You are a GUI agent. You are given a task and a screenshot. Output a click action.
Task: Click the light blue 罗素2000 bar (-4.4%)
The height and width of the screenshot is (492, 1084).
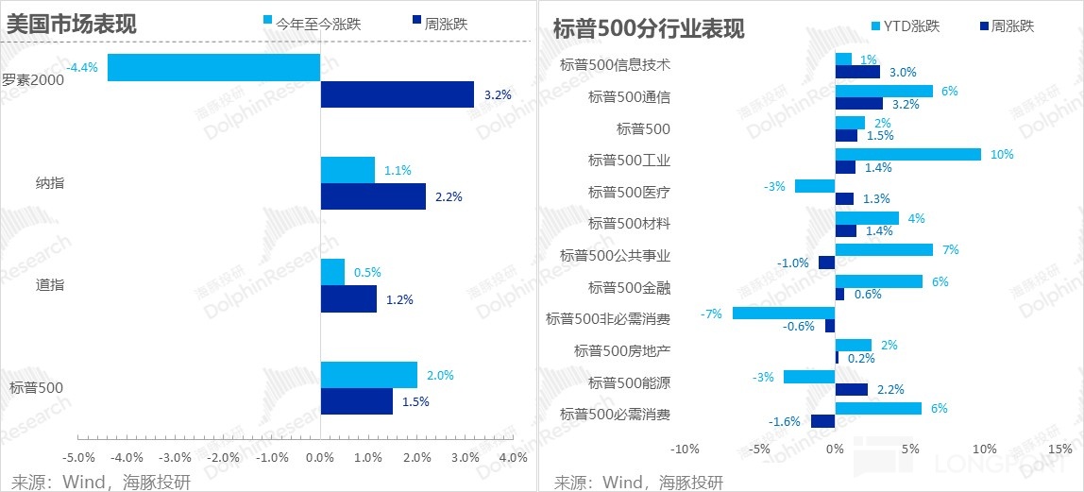click(x=213, y=68)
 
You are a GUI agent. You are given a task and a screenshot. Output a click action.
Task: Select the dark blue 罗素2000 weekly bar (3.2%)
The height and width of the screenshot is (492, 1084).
click(x=397, y=94)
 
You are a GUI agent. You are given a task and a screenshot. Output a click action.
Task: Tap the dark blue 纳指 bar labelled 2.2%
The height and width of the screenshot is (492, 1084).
click(x=373, y=196)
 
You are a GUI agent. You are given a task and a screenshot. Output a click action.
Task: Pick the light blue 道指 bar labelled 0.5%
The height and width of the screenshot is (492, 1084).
click(x=332, y=272)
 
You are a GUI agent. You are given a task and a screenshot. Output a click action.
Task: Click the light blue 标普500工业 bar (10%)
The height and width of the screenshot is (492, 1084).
click(x=908, y=154)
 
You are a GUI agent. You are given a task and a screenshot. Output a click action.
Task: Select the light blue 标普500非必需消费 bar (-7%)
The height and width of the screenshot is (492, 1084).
click(x=784, y=313)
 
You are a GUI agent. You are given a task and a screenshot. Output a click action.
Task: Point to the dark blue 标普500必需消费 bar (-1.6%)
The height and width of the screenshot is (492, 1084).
click(x=823, y=421)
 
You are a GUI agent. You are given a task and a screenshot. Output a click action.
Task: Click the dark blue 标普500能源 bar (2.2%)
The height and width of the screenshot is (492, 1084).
click(x=852, y=389)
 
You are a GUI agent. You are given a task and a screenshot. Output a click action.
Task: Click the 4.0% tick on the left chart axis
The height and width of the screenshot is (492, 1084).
click(x=513, y=458)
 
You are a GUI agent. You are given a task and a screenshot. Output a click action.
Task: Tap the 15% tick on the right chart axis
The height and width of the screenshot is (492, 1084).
click(x=1059, y=449)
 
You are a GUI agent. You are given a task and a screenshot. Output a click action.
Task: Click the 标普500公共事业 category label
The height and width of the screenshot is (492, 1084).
click(x=616, y=255)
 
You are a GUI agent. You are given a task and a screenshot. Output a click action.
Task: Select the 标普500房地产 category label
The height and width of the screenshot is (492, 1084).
click(x=622, y=350)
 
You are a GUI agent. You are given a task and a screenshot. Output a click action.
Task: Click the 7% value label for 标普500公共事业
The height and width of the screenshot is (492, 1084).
click(x=951, y=249)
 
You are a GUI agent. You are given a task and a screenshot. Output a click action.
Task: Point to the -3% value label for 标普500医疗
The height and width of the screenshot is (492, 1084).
click(x=774, y=186)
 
